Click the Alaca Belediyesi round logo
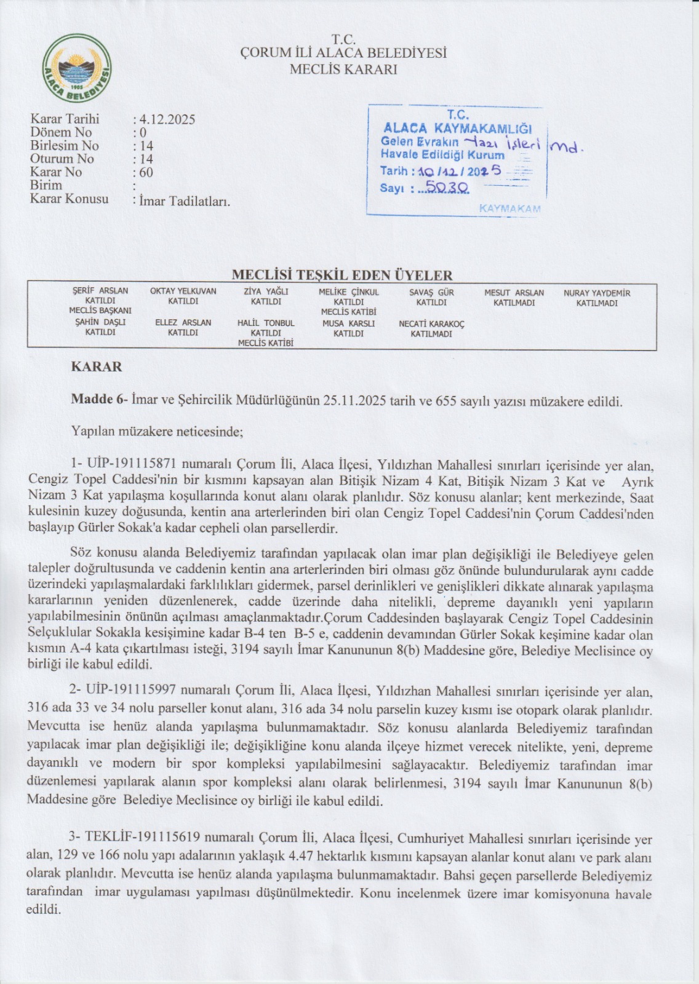click(x=78, y=73)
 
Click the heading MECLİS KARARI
click(x=343, y=69)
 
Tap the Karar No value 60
click(x=146, y=172)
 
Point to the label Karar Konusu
click(x=69, y=199)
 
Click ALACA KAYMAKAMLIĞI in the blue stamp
click(x=457, y=128)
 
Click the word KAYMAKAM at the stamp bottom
click(x=509, y=208)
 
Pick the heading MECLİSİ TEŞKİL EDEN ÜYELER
click(x=342, y=276)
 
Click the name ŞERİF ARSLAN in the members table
click(x=100, y=291)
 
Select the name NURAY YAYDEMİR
click(x=597, y=293)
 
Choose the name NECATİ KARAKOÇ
click(x=431, y=324)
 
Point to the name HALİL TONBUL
click(x=266, y=323)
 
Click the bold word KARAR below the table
click(x=97, y=367)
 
